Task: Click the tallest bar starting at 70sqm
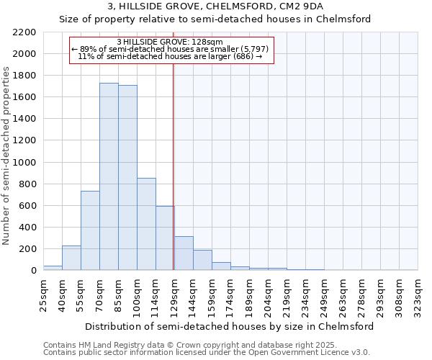tap(109, 176)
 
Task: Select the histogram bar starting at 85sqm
tap(127, 178)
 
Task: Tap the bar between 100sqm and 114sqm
tap(146, 224)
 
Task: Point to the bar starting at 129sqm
tap(184, 253)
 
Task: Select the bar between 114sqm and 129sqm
tap(165, 238)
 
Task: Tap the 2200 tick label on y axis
tap(24, 32)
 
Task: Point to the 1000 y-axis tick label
tap(24, 163)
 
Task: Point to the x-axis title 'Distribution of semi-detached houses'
tap(229, 326)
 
